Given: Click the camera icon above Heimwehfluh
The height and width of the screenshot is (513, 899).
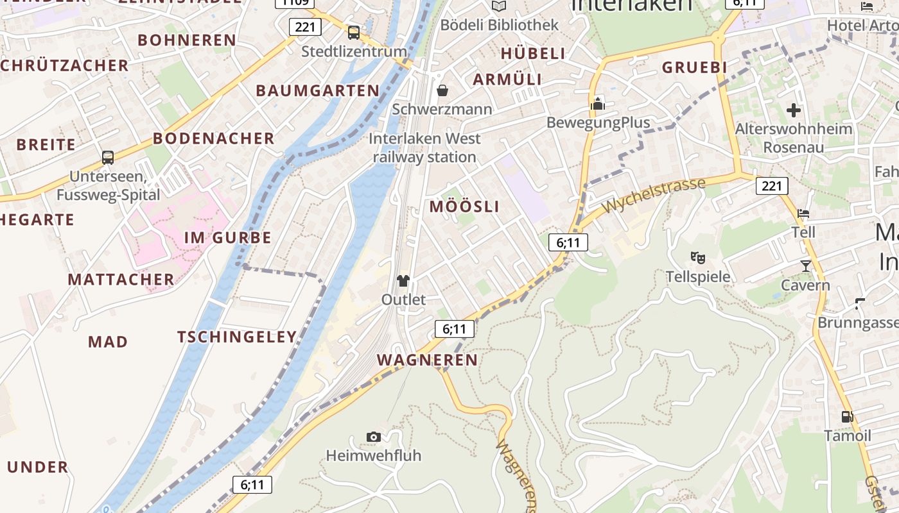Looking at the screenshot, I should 374,437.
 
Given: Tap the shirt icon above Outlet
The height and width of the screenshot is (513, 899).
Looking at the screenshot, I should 403,281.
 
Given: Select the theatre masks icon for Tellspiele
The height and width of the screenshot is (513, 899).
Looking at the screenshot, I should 698,258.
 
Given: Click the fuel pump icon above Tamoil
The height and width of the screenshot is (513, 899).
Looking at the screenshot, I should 848,417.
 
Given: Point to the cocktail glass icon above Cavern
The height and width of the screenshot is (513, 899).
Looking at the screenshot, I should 806,265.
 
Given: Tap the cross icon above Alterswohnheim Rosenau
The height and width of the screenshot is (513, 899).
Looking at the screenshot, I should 794,110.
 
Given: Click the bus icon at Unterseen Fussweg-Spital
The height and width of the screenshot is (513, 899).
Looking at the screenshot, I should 108,157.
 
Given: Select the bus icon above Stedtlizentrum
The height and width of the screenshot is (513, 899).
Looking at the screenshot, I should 353,32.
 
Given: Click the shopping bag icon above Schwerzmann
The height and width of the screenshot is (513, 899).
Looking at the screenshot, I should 442,90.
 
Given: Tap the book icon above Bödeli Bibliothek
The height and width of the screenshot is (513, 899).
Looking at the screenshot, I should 499,6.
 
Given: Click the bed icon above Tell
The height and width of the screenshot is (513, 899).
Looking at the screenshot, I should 803,214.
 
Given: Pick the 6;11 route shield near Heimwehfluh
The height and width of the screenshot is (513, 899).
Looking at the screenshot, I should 252,485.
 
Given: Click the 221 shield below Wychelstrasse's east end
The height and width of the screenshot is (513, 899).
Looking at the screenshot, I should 771,186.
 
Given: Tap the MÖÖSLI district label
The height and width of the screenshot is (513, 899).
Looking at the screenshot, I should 464,206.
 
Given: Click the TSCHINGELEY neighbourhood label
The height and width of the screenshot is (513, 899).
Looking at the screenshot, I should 237,337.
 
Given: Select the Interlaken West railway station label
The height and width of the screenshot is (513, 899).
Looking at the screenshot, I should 424,147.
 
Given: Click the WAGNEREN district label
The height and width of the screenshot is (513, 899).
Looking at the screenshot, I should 427,360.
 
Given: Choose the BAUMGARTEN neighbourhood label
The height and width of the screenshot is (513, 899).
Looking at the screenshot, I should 318,90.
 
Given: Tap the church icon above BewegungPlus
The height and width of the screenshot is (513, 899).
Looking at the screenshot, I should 598,104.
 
